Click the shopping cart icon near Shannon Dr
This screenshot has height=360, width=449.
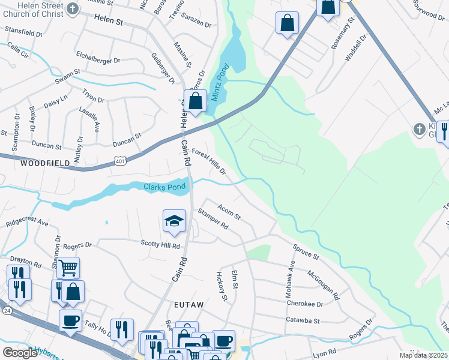click(68, 268)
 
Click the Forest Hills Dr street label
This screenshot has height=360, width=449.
click(208, 162)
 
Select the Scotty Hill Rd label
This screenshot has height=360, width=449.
click(160, 245)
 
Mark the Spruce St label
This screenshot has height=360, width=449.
click(306, 251)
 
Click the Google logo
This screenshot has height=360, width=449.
click(20, 352)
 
